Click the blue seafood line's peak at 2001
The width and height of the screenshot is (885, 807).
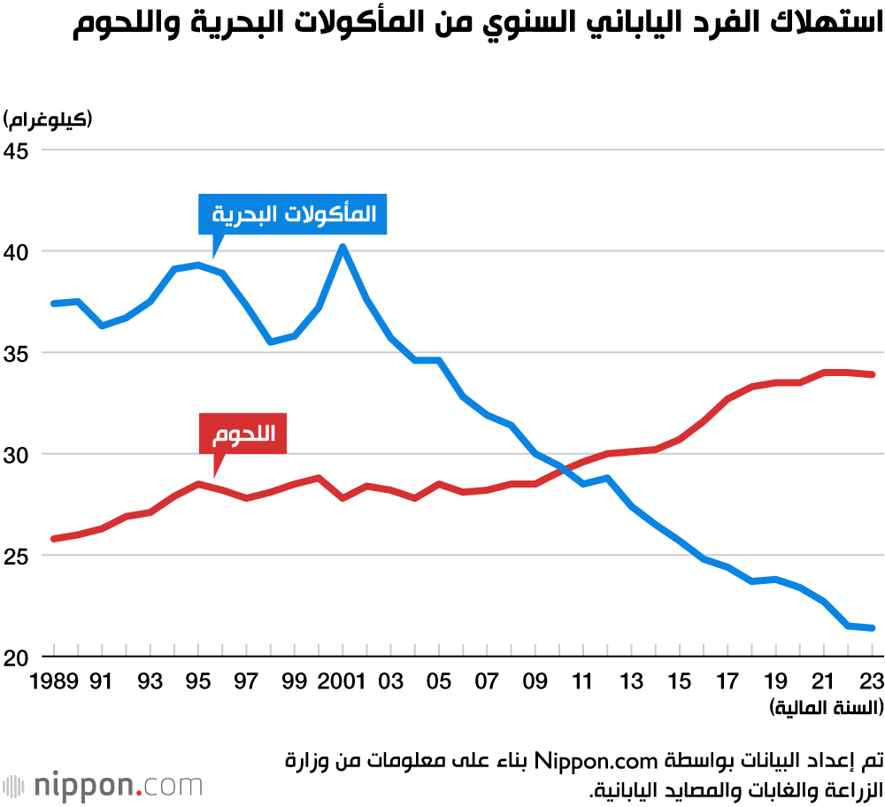[342, 246]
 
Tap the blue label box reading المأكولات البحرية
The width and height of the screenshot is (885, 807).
[293, 213]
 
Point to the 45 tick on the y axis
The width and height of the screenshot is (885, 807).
[18, 150]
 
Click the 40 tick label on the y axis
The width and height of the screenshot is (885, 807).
[18, 252]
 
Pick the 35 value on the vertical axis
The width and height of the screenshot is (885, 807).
[18, 353]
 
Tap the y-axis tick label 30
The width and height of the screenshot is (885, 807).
[18, 455]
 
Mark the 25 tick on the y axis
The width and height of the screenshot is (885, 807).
[18, 557]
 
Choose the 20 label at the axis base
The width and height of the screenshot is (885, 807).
[18, 657]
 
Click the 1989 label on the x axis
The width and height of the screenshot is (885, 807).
[54, 682]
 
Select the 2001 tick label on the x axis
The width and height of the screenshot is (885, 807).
[342, 682]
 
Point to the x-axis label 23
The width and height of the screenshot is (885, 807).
[872, 682]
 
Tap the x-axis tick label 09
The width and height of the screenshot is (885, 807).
[535, 682]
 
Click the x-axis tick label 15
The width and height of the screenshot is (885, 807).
[679, 682]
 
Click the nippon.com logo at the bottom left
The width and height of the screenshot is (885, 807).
[102, 786]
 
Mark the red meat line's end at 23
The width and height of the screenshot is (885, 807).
[872, 374]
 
